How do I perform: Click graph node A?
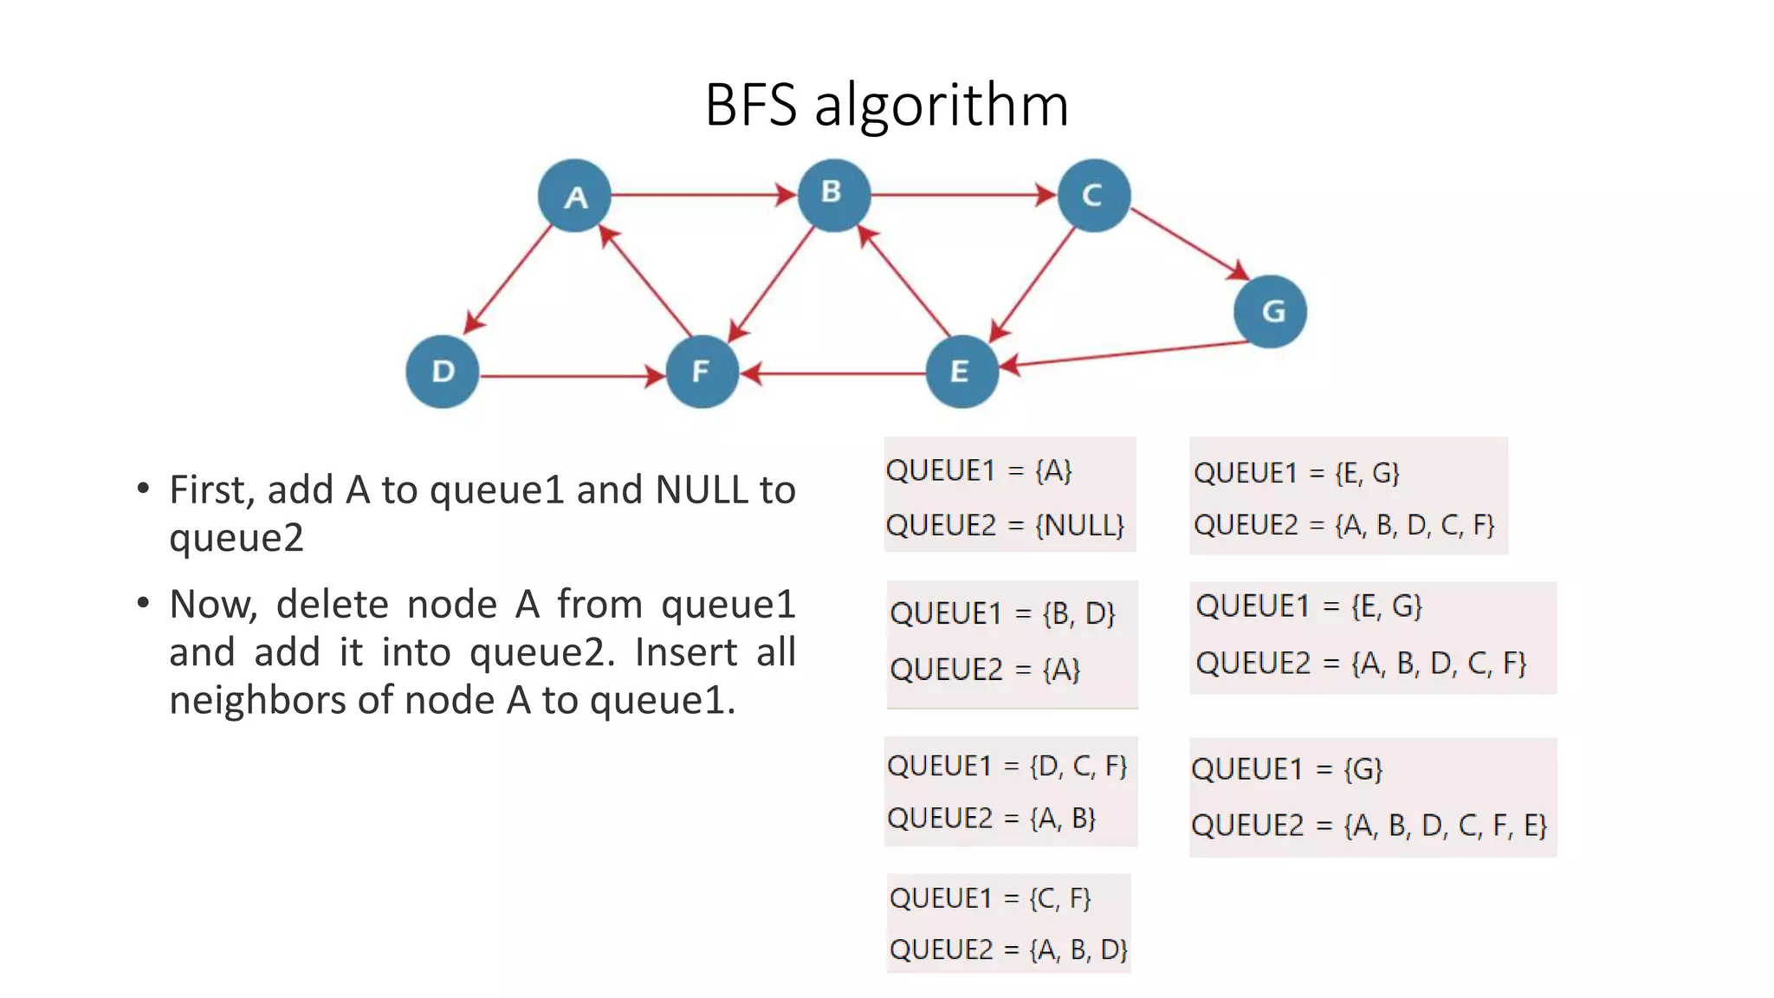[574, 196]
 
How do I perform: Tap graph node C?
[1094, 196]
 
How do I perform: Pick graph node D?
[443, 372]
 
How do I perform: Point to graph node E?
[961, 372]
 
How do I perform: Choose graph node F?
[702, 372]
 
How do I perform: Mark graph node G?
[1270, 311]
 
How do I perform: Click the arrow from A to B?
[702, 195]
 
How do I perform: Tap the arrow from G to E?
[1126, 354]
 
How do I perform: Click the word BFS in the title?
[750, 106]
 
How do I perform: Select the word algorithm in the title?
[942, 106]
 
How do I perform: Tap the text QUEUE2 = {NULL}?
[1005, 525]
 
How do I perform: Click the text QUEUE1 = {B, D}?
[1002, 613]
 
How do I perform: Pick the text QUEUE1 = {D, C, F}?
[1007, 766]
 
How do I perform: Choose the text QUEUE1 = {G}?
[1286, 769]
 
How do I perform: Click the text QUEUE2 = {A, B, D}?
[1008, 949]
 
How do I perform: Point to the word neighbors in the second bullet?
[258, 700]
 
